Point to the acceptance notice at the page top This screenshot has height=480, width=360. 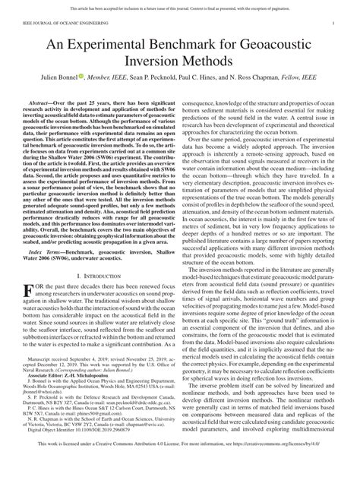pyautogui.click(x=180, y=6)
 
